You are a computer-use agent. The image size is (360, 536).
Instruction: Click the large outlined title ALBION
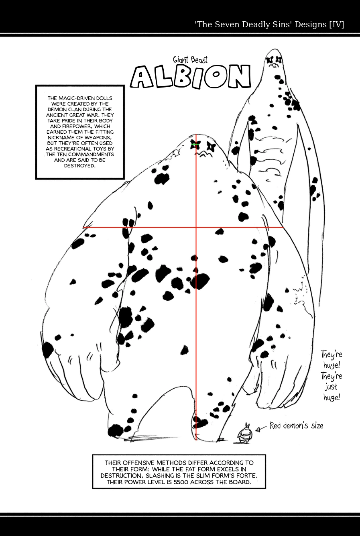tap(191, 77)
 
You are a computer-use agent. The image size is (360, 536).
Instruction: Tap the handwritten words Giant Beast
tap(190, 60)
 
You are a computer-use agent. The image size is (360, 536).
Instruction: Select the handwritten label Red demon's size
tap(296, 426)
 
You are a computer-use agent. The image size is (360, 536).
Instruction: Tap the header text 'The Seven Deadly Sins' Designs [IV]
tap(269, 24)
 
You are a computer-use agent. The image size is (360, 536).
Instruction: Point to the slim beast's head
tap(274, 60)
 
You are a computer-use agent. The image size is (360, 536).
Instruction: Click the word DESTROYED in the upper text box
tap(79, 165)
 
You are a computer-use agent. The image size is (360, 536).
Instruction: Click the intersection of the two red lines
tap(196, 228)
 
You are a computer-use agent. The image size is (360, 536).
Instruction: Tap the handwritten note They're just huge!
tap(332, 376)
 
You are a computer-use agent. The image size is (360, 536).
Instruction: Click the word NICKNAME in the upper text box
tap(59, 137)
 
